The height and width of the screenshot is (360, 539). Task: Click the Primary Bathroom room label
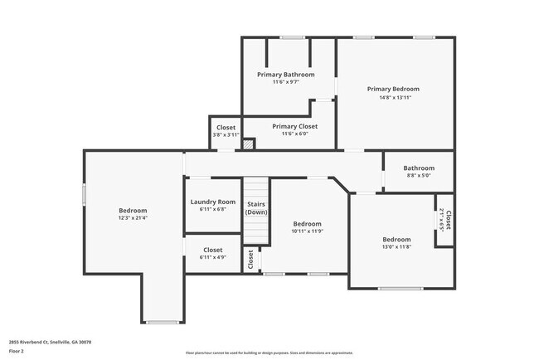[285, 74]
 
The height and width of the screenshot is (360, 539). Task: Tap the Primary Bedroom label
[393, 89]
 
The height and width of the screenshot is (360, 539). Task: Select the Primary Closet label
[288, 126]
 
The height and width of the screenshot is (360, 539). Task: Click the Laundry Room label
[212, 202]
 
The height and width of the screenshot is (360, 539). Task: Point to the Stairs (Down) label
[256, 207]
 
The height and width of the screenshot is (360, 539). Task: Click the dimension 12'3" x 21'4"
[133, 218]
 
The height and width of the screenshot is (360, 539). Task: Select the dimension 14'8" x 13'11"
[393, 97]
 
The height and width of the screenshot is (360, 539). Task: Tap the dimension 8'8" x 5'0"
[419, 175]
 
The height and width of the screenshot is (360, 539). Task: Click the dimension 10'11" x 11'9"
[307, 231]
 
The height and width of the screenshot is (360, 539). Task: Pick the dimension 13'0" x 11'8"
[396, 246]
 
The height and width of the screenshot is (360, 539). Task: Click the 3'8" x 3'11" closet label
[226, 134]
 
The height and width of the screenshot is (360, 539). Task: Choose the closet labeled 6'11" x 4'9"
[212, 257]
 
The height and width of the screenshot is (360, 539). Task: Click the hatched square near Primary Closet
[248, 144]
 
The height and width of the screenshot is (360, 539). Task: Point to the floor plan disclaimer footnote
[269, 352]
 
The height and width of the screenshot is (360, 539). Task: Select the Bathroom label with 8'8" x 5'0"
[419, 168]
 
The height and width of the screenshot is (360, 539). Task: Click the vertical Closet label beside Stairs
[250, 260]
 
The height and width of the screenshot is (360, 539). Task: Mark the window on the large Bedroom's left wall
[84, 193]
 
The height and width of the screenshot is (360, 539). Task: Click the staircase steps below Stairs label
[256, 232]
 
